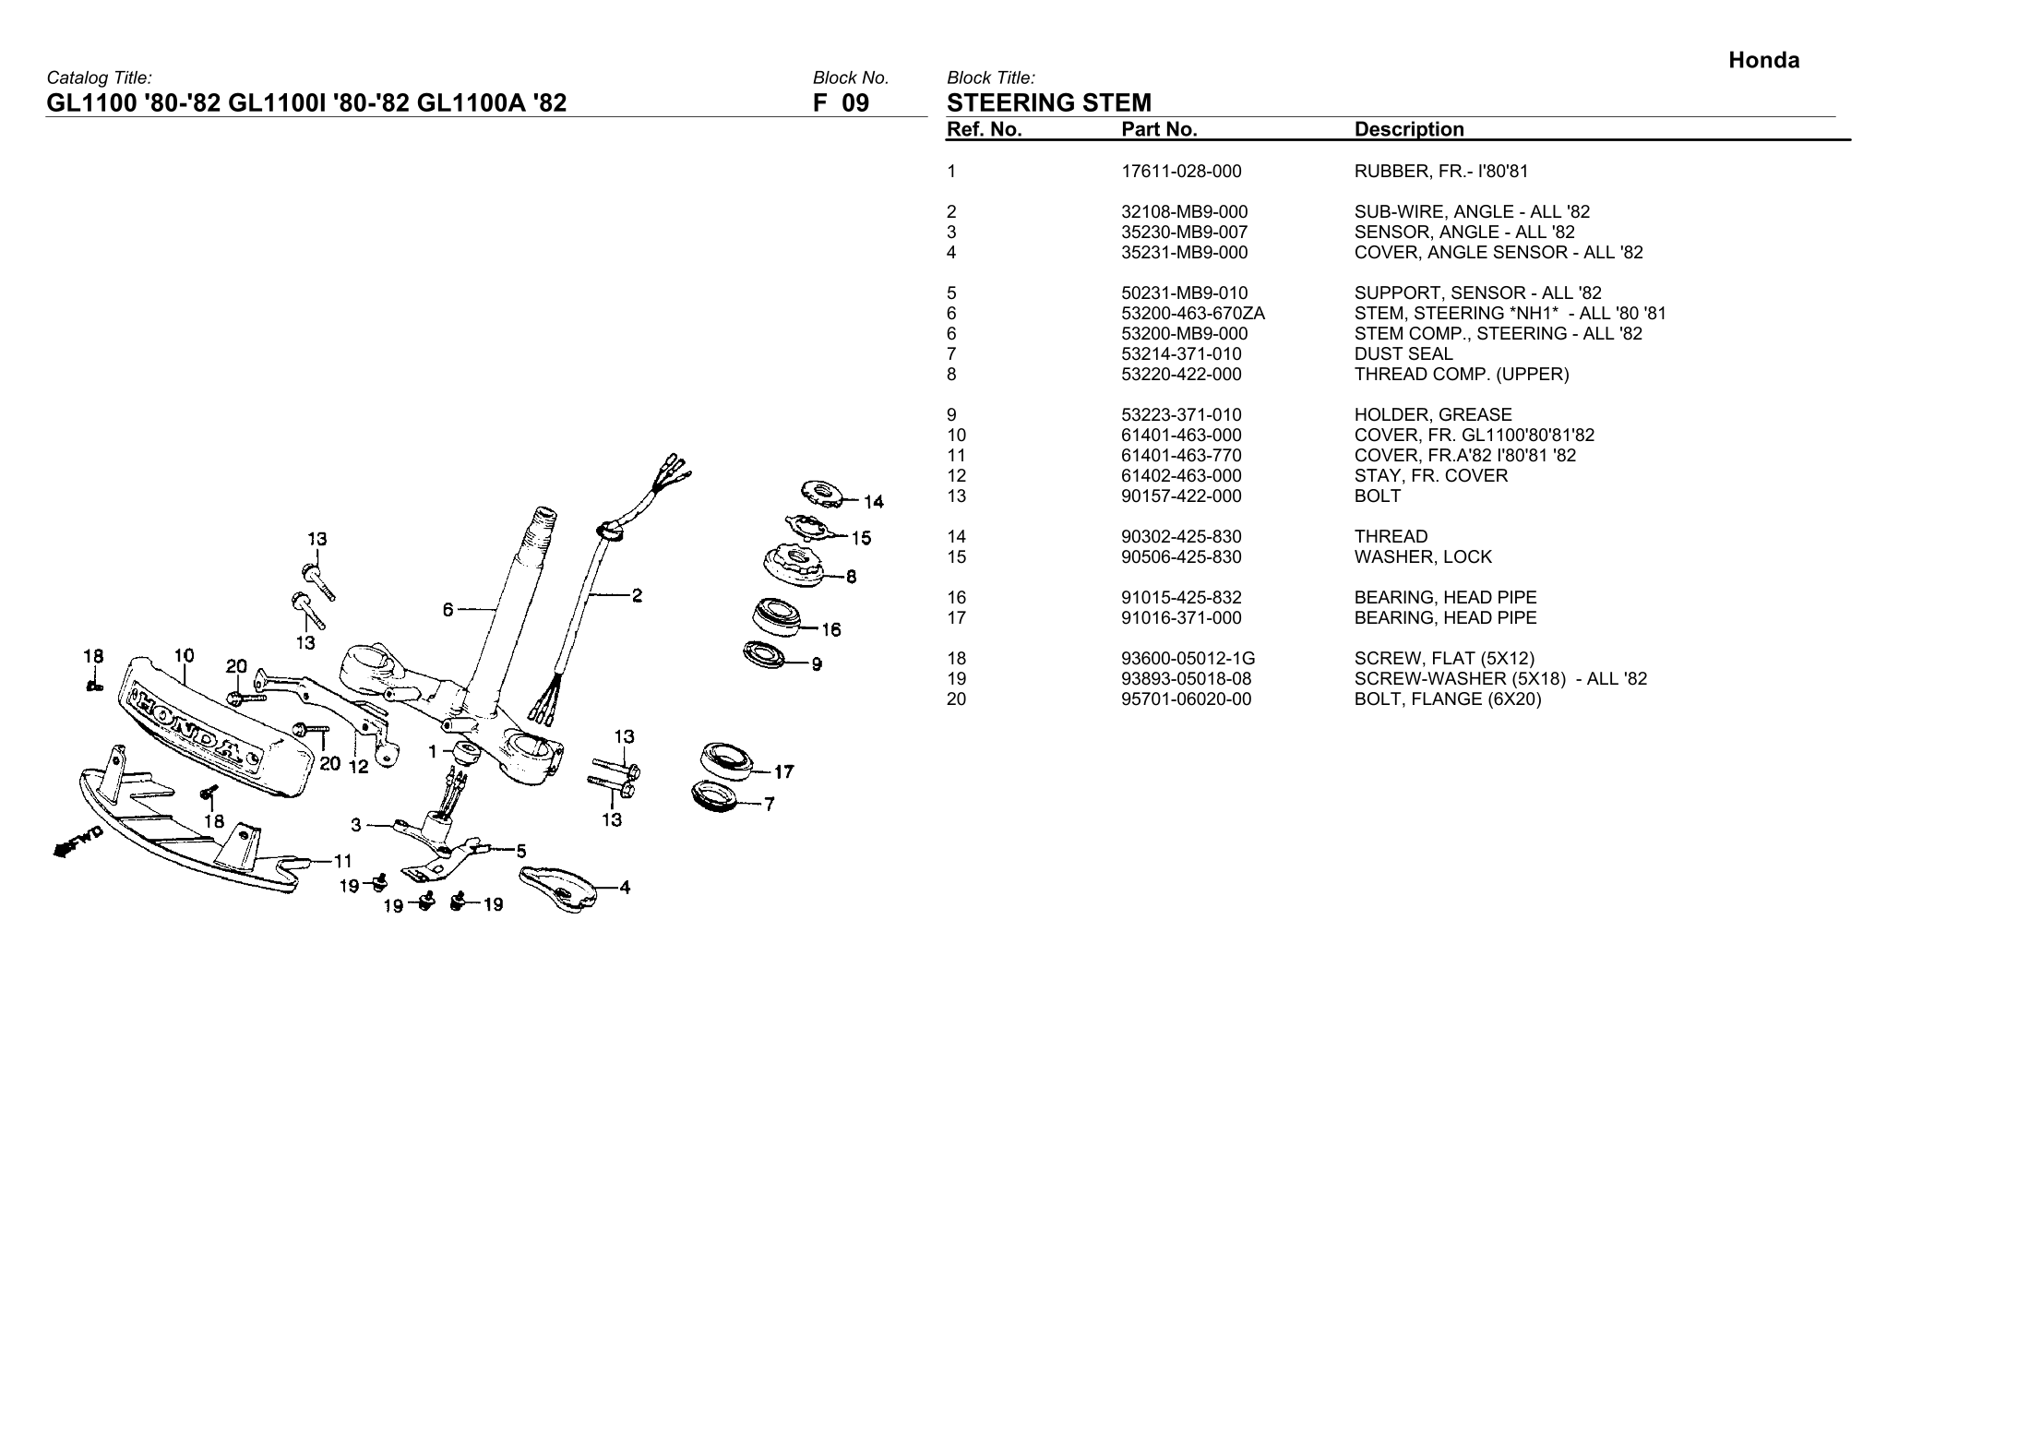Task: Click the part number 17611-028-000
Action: tap(1181, 172)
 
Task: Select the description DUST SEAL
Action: tap(1403, 354)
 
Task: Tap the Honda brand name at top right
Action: tap(1763, 61)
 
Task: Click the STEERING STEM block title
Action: tap(1049, 102)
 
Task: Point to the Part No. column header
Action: tap(1159, 130)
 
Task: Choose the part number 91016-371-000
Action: tap(1181, 618)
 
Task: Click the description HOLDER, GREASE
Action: tap(1433, 415)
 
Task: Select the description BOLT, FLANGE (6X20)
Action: tap(1447, 699)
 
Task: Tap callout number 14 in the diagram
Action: tap(873, 502)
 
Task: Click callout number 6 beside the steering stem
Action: tap(448, 609)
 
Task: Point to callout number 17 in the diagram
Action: tap(783, 771)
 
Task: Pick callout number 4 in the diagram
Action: tap(625, 888)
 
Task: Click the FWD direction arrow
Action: tap(78, 841)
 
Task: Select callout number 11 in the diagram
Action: tap(342, 861)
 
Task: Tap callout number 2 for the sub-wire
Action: tap(637, 595)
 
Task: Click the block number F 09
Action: tap(841, 102)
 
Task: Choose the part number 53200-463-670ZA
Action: tap(1192, 314)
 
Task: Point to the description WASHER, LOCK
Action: tap(1423, 557)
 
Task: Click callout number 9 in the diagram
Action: tap(817, 663)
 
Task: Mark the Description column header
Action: tap(1408, 130)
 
